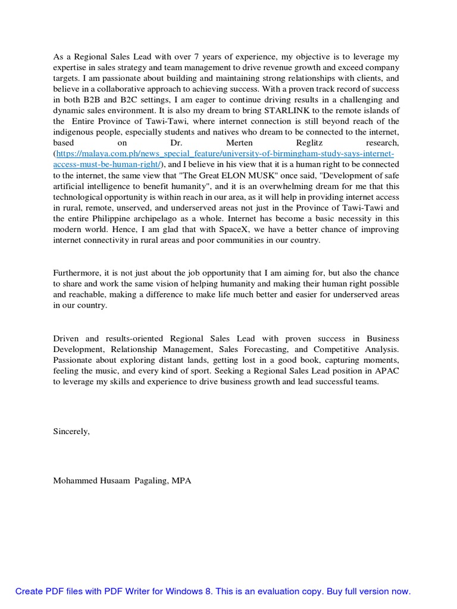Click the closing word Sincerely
(71, 432)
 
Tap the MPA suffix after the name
(181, 481)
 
